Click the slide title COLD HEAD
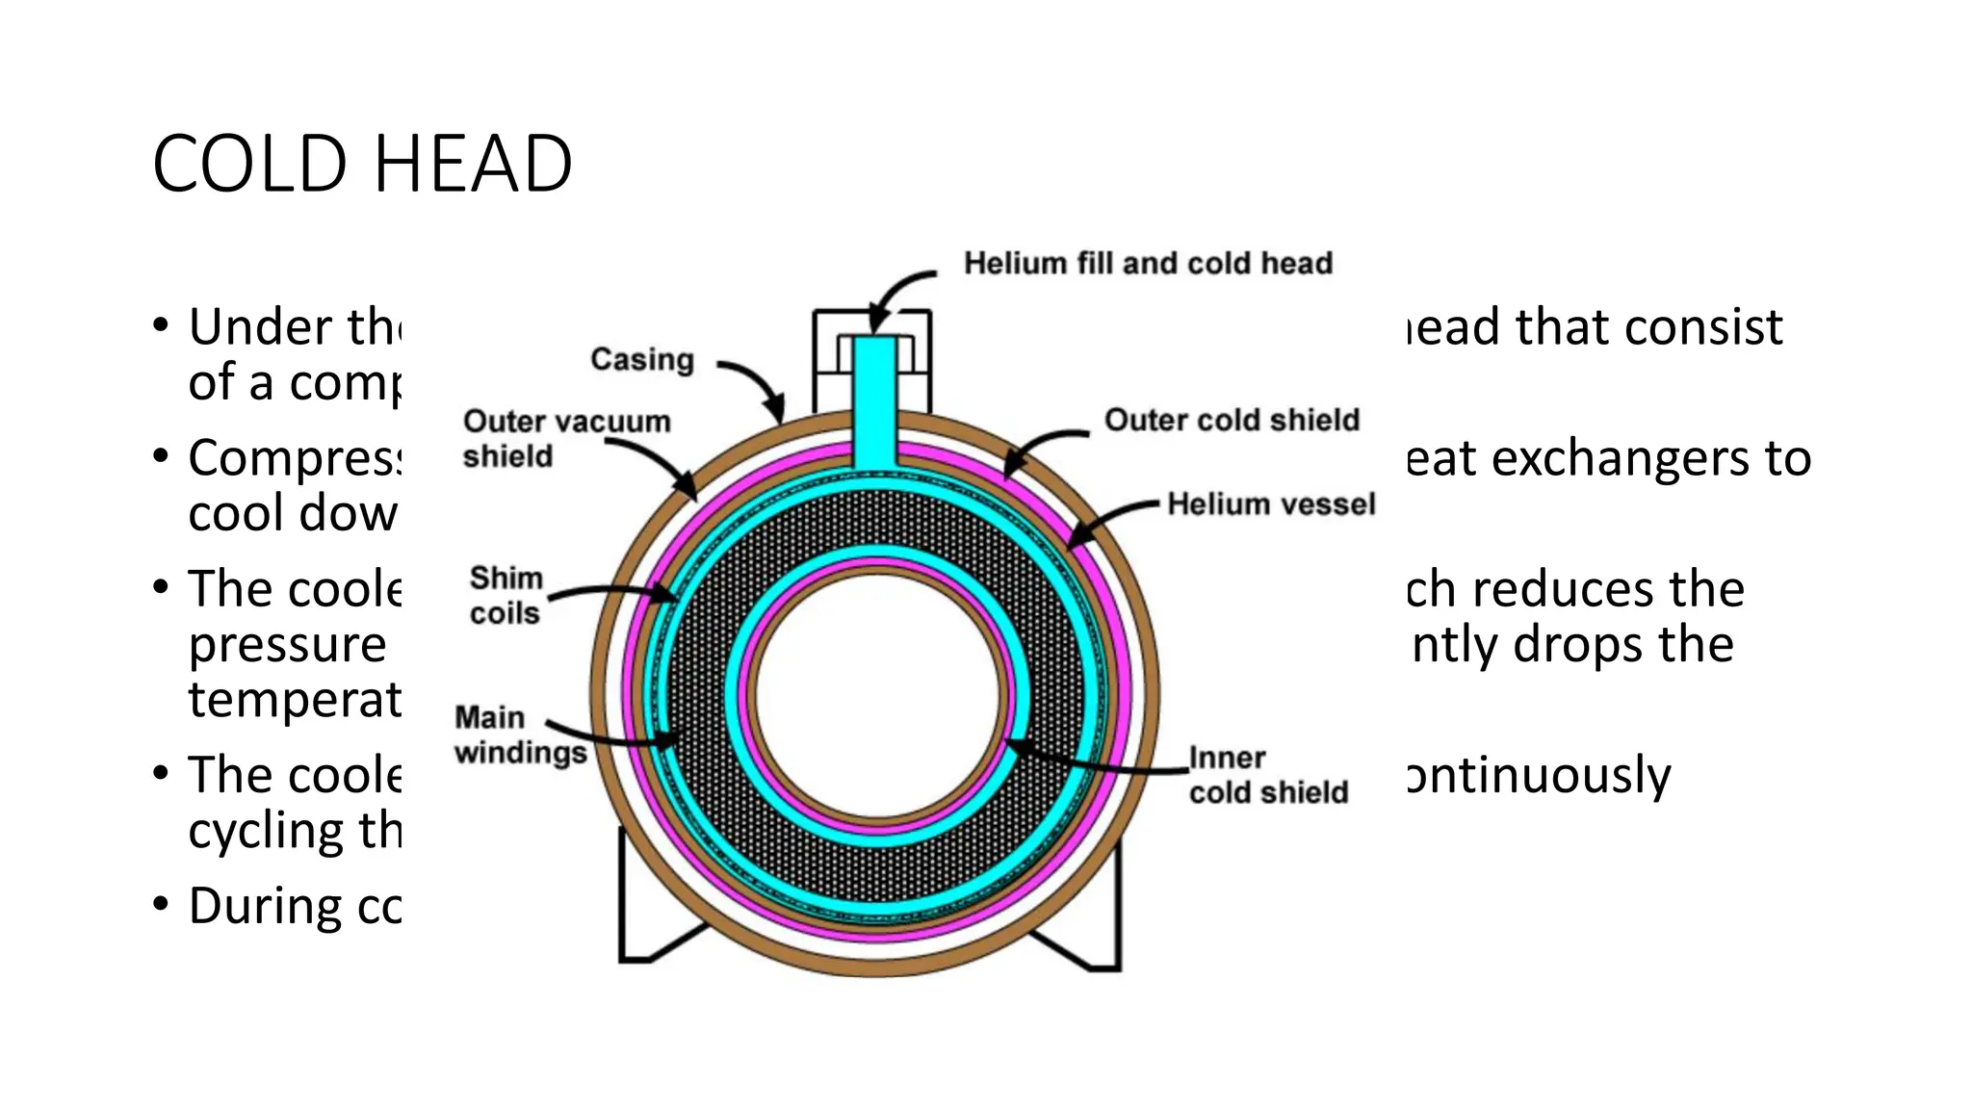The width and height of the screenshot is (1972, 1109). [362, 164]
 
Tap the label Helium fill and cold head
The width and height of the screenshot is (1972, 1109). [1148, 263]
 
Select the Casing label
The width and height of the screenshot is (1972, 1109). [642, 359]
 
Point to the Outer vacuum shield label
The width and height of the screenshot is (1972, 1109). [566, 438]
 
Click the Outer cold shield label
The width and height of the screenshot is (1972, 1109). [1232, 420]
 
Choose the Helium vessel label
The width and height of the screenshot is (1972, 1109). [1271, 503]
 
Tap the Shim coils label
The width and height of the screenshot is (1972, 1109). [506, 595]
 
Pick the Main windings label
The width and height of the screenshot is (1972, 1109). [520, 735]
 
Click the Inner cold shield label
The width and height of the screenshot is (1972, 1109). [1268, 775]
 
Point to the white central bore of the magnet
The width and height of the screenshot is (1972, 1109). [879, 693]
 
